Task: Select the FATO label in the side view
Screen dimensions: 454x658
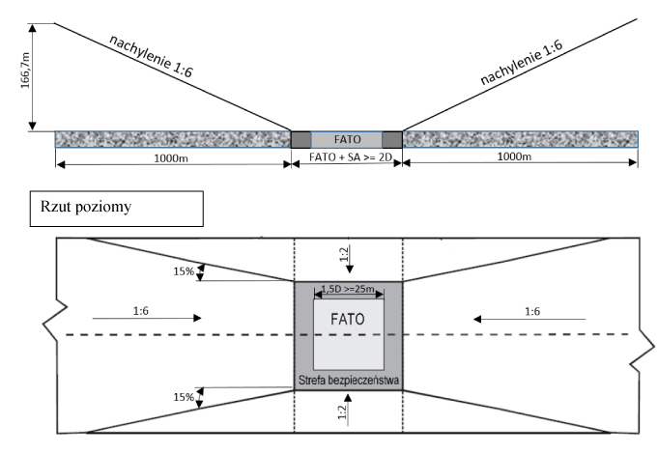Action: (347, 138)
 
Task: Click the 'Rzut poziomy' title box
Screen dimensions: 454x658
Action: (117, 208)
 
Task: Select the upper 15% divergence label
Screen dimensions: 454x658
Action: (183, 271)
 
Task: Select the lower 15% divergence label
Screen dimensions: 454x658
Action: (183, 396)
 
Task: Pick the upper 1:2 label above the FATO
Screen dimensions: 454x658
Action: (347, 253)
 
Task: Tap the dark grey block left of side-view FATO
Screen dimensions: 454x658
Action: (301, 139)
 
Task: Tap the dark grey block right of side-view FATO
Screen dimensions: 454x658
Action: (392, 139)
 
